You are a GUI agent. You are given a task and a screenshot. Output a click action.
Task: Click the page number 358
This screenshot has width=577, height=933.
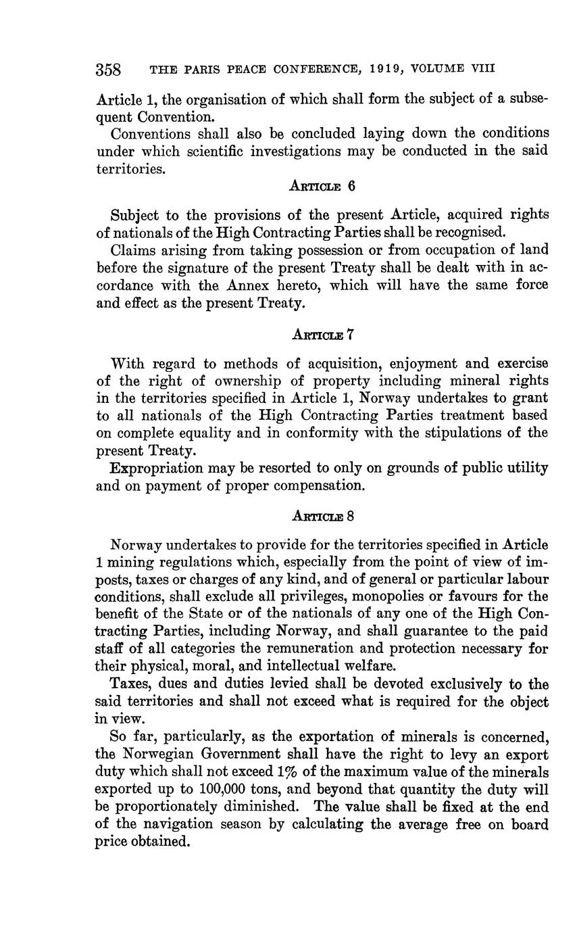coord(108,70)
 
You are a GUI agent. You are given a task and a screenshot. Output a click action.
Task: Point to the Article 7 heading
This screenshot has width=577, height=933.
coord(322,334)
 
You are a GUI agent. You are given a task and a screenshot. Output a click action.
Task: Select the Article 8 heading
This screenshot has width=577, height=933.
coord(322,516)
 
